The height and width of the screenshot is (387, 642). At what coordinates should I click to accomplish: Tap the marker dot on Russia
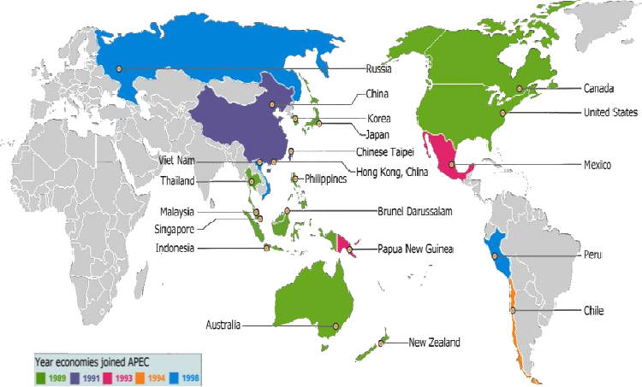point(120,68)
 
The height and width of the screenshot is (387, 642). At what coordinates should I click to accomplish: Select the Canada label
point(597,88)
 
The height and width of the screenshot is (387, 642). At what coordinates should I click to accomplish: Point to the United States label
point(612,112)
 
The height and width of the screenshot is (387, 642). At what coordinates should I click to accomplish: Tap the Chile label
point(594,310)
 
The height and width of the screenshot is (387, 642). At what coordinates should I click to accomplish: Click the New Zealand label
point(434,343)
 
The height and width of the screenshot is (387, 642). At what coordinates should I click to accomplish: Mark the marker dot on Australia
point(336,326)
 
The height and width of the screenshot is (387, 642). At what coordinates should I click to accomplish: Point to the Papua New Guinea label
point(415,249)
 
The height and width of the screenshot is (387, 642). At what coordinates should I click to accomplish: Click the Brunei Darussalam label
point(414,211)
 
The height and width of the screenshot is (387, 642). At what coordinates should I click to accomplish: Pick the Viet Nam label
point(178,160)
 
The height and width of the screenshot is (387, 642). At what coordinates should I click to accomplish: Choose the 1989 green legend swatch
point(40,377)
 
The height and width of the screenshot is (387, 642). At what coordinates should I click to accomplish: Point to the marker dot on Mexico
point(452,164)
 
